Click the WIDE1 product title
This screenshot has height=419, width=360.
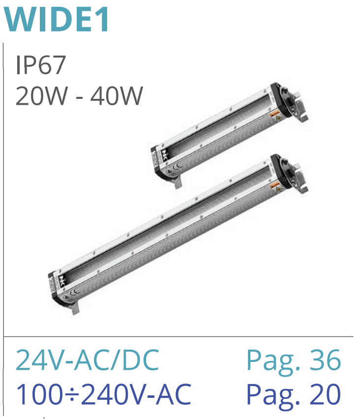[56, 19]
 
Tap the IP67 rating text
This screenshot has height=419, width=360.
[41, 65]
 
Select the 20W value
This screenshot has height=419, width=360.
[42, 96]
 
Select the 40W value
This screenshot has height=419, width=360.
[117, 96]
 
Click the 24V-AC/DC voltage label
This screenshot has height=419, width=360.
[88, 359]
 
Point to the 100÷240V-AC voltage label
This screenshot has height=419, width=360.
[104, 394]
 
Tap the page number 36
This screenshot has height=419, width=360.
[325, 359]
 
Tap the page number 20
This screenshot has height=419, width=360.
[325, 394]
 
